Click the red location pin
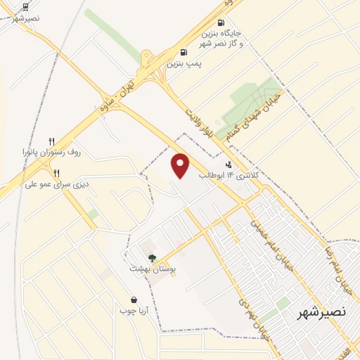pyautogui.click(x=181, y=165)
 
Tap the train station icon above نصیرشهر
pyautogui.click(x=26, y=6)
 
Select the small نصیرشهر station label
pyautogui.click(x=26, y=18)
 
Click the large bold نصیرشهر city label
pyautogui.click(x=321, y=311)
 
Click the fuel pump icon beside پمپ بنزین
pyautogui.click(x=184, y=52)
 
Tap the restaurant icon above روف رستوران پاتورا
pyautogui.click(x=51, y=141)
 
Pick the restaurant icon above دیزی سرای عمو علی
pyautogui.click(x=56, y=173)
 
